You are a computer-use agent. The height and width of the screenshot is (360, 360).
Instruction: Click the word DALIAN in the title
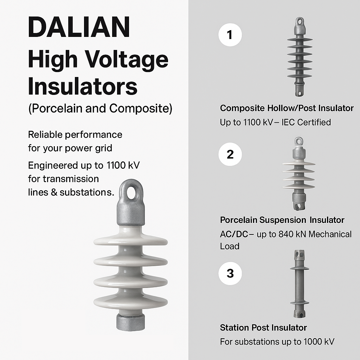(x=79, y=27)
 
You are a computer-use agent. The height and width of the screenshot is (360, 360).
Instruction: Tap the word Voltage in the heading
(x=127, y=59)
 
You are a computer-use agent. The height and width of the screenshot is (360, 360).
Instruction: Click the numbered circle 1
(x=230, y=35)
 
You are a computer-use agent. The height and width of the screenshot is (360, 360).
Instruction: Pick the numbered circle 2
(x=230, y=154)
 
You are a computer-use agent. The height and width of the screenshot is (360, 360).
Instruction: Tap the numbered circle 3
(x=230, y=274)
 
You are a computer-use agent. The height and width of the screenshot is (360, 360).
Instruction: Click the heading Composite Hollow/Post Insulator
(x=287, y=108)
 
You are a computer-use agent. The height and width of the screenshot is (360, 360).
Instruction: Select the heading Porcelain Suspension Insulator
(x=282, y=220)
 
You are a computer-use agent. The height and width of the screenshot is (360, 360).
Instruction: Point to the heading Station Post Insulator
(x=263, y=328)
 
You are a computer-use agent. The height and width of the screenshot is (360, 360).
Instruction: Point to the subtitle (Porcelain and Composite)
(x=100, y=108)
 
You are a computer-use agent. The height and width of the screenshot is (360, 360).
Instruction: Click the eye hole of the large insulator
(x=131, y=192)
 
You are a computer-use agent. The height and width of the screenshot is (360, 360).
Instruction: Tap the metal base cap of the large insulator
(x=131, y=322)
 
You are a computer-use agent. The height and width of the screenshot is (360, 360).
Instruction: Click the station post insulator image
(x=300, y=284)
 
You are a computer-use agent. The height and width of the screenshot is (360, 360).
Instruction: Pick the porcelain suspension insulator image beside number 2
(x=299, y=174)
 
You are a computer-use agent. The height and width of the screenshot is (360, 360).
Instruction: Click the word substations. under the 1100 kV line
(x=87, y=192)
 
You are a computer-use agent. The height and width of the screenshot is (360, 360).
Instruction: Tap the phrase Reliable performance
(x=75, y=135)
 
